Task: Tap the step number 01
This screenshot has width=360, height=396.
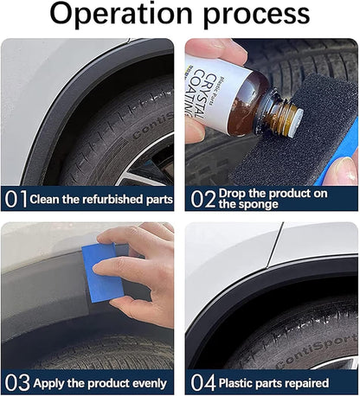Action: [16, 199]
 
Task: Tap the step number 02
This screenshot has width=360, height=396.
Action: [202, 199]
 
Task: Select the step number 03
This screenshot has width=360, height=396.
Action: [16, 382]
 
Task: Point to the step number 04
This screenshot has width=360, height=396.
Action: [202, 382]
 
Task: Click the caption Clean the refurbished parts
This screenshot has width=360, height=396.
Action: [102, 200]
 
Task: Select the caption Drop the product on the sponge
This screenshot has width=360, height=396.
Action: [273, 199]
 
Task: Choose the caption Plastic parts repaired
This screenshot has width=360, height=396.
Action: [273, 382]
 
